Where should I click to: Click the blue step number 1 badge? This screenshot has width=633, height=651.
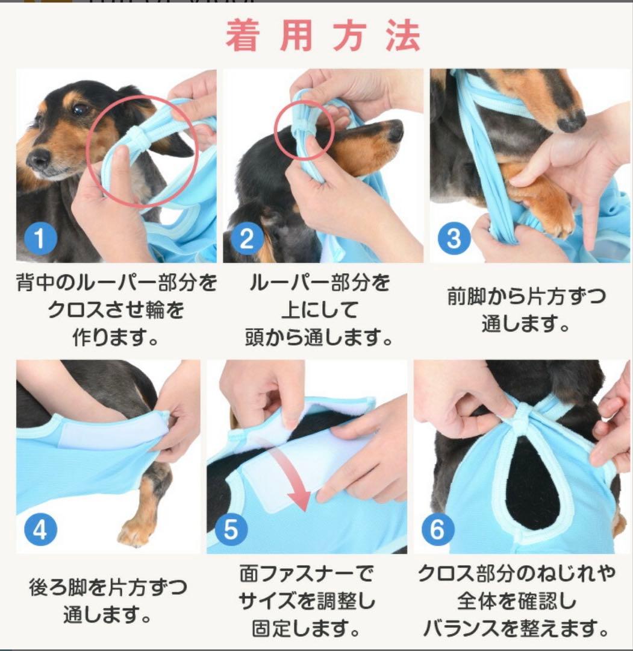coord(40,238)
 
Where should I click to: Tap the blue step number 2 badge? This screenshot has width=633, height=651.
coord(247,238)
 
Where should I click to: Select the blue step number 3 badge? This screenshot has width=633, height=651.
coord(454,238)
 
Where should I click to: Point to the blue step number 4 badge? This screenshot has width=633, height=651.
coord(40,529)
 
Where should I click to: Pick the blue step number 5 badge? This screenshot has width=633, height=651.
coord(231,529)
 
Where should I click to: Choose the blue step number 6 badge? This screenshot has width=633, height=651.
coord(438,529)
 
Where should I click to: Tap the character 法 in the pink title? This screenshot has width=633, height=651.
coord(403,36)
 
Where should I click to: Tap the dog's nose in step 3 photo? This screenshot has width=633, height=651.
coord(571,122)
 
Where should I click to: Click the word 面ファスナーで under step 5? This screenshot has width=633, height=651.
coord(307,574)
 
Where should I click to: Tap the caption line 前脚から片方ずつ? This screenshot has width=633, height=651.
coord(526,297)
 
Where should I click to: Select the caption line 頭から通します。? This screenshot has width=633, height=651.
coord(319,337)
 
